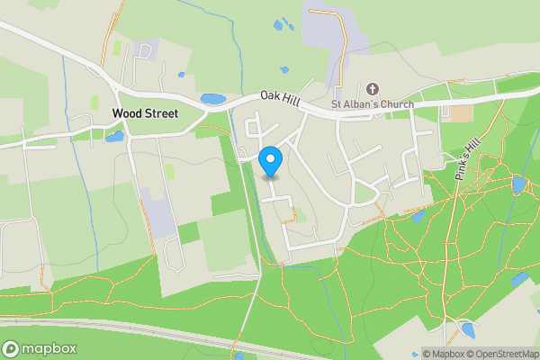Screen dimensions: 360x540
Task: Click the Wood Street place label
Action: click(145, 114)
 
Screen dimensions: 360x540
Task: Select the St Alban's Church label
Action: click(373, 104)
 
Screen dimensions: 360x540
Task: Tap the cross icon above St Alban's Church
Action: click(373, 89)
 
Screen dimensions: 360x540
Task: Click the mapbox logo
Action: click(40, 348)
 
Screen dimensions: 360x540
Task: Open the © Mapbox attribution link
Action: click(444, 354)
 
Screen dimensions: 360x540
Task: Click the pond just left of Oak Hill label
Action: click(213, 99)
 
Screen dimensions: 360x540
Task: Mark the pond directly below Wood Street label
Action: click(114, 137)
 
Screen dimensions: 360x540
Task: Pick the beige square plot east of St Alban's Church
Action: click(460, 113)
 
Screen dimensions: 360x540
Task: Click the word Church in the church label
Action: click(396, 104)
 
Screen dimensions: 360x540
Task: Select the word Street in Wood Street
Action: click(162, 114)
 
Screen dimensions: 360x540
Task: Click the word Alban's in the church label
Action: click(360, 104)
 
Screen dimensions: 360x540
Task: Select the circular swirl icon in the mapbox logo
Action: click(11, 348)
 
